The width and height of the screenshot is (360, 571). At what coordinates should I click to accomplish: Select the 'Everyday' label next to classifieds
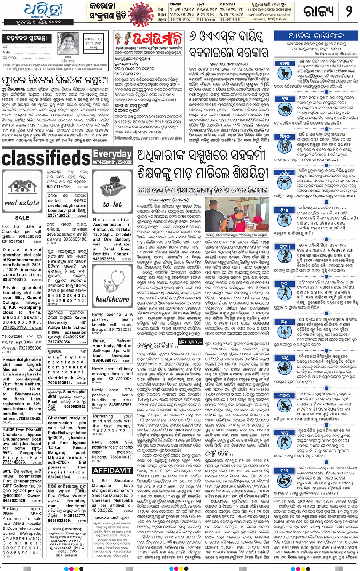point(112,154)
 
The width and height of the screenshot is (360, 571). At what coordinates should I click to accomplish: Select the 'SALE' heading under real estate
point(22,218)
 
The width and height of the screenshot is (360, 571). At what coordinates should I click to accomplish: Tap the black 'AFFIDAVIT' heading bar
point(112,470)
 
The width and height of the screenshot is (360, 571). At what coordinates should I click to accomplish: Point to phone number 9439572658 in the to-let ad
point(104,259)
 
